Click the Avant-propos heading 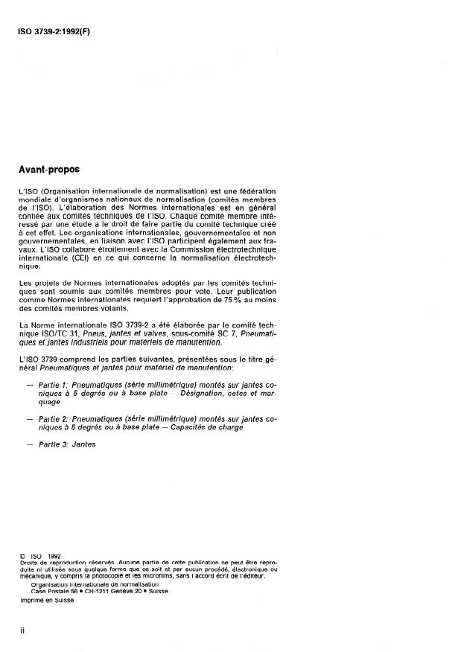[x=49, y=169]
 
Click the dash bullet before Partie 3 [x=30, y=444]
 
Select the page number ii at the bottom [x=22, y=630]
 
